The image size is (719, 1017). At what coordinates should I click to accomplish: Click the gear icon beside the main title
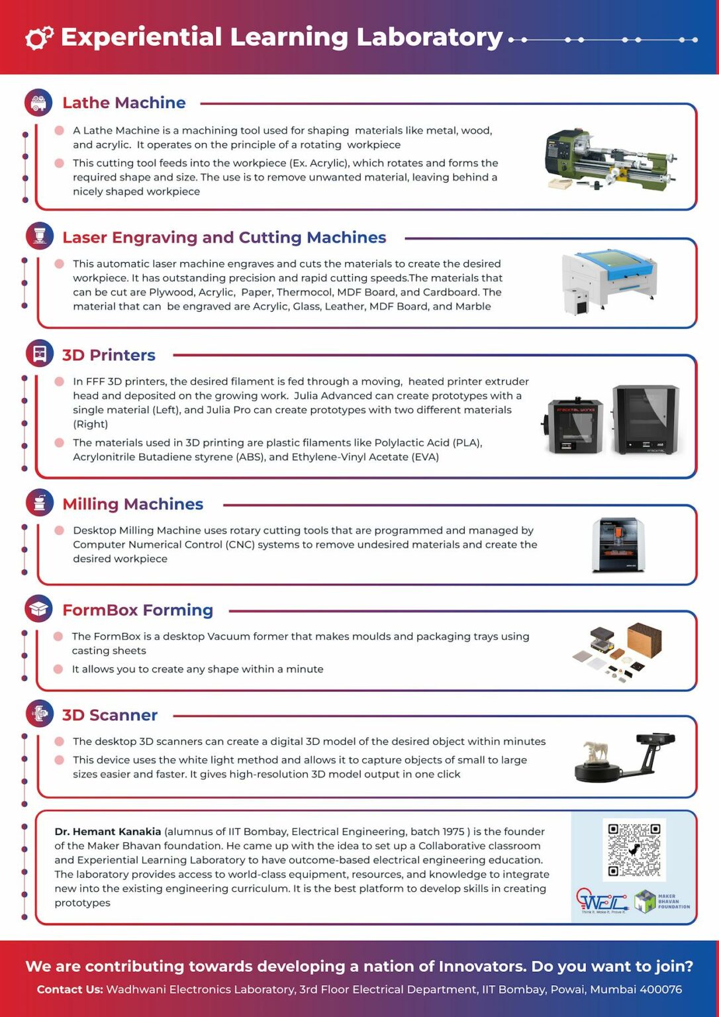(39, 38)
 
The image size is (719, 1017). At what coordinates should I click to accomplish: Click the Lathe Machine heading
(124, 103)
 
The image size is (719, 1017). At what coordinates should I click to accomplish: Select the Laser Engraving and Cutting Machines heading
(224, 238)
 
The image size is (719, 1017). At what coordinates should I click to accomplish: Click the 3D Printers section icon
(39, 354)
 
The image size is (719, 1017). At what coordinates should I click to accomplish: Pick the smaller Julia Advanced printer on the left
(574, 426)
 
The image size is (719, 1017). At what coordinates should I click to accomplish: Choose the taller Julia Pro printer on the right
(646, 419)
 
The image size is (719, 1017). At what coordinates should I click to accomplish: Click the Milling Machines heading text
(132, 505)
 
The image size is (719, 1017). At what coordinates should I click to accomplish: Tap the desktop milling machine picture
(618, 545)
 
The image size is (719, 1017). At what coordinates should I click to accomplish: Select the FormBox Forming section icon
(39, 608)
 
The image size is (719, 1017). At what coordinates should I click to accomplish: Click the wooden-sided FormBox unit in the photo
(644, 640)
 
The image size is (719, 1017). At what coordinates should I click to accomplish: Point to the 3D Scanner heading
(109, 716)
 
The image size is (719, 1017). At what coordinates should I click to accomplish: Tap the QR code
(634, 849)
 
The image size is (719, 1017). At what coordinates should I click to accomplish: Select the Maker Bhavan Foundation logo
(661, 902)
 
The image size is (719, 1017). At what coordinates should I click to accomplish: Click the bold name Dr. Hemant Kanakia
(107, 832)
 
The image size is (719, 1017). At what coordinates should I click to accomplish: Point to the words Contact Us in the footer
(70, 989)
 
